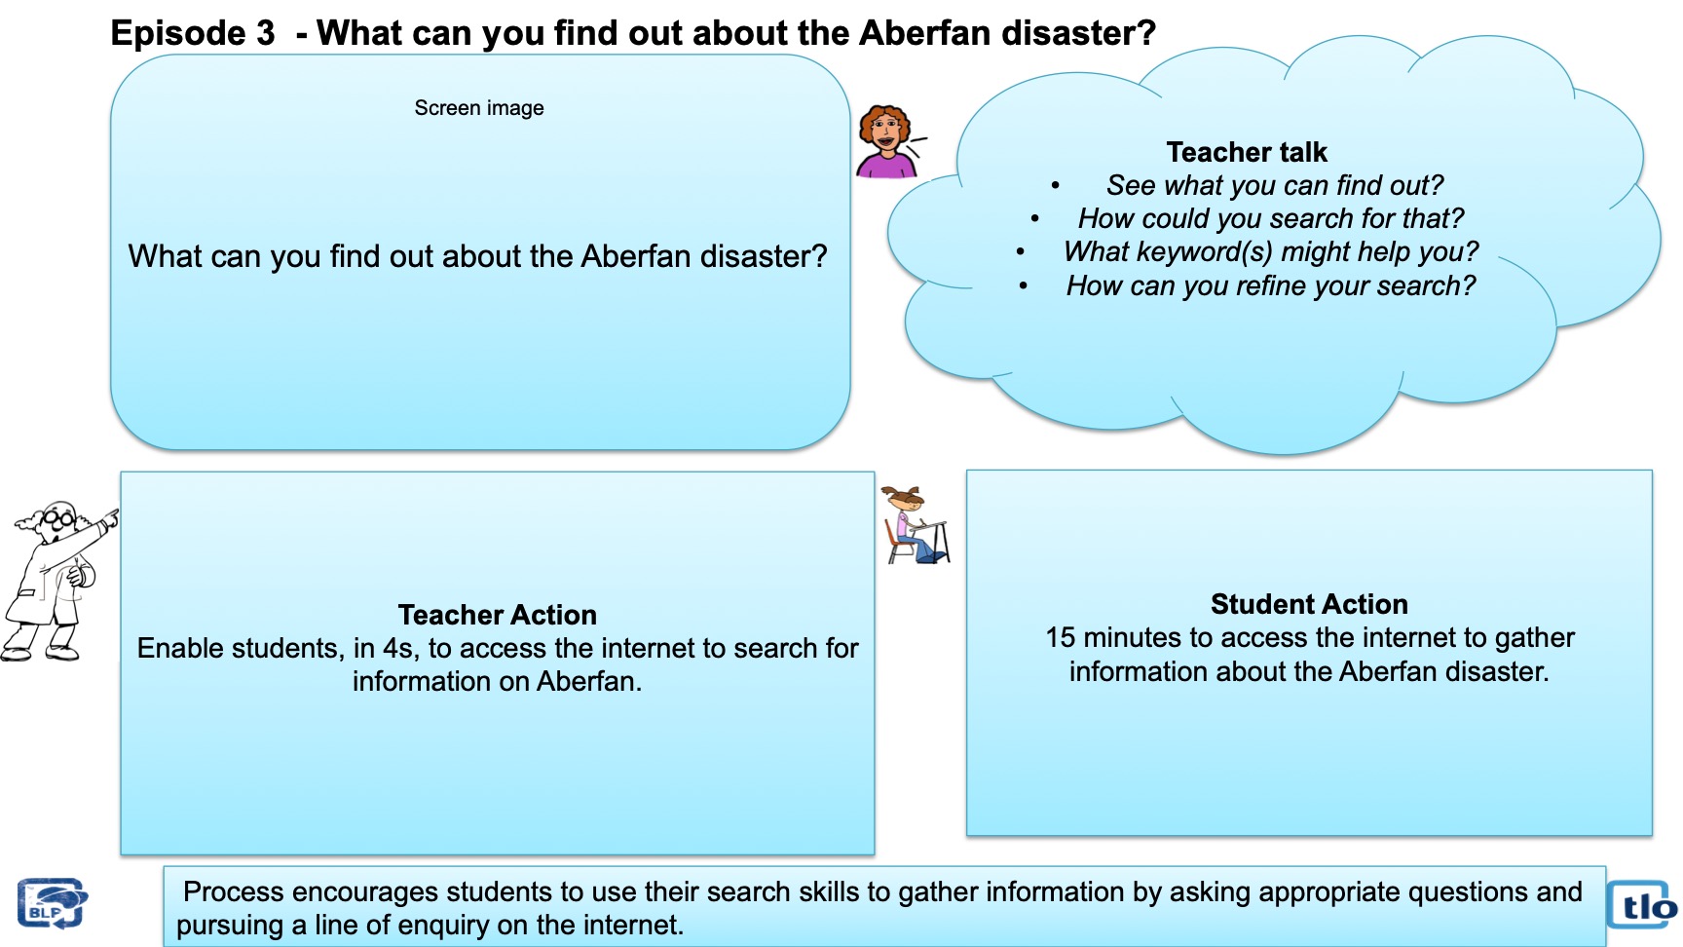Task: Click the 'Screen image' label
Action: pyautogui.click(x=479, y=108)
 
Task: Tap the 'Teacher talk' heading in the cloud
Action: pyautogui.click(x=1247, y=152)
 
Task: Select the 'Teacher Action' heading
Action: pyautogui.click(x=498, y=615)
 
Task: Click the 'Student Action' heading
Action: pyautogui.click(x=1309, y=604)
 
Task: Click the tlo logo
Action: pyautogui.click(x=1642, y=906)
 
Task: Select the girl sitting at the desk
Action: pyautogui.click(x=915, y=525)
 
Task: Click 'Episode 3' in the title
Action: pyautogui.click(x=193, y=33)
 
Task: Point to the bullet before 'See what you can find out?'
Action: pyautogui.click(x=1055, y=185)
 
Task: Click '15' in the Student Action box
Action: pyautogui.click(x=1060, y=637)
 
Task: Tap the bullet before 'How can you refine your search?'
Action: pyautogui.click(x=1024, y=285)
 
